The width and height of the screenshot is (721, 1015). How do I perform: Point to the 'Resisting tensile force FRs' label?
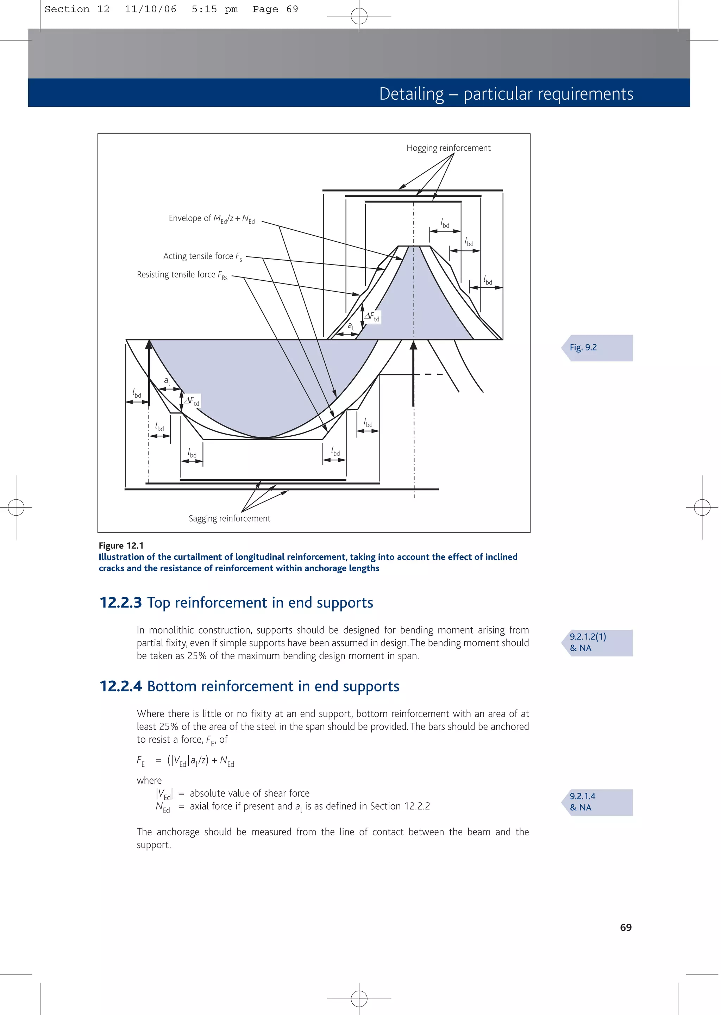tap(182, 275)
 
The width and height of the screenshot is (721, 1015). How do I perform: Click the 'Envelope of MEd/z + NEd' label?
tap(211, 218)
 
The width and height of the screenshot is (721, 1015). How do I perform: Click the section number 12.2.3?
tap(120, 603)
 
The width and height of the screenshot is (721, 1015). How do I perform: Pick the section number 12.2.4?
tap(120, 686)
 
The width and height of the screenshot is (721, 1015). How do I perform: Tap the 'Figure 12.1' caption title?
tap(121, 546)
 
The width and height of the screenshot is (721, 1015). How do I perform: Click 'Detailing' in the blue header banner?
tap(411, 94)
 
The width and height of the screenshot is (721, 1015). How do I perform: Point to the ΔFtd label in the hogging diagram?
tap(372, 317)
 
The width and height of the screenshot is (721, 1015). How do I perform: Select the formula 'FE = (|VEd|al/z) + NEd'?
tap(185, 761)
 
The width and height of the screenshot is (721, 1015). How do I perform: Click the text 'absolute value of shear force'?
tap(250, 793)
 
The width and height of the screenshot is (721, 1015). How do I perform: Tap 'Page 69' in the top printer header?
tap(275, 9)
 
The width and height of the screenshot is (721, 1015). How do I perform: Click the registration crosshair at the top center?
tap(359, 16)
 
